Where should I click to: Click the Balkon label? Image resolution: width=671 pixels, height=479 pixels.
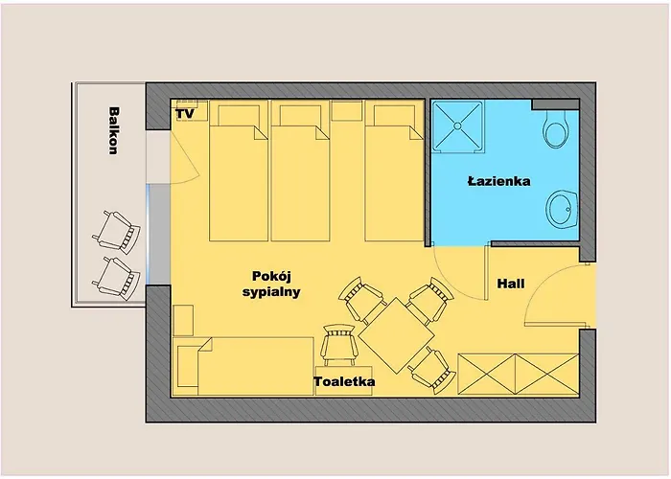point(113,130)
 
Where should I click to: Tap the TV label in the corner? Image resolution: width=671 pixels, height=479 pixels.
point(185,114)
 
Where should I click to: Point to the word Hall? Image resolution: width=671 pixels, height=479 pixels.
point(511,285)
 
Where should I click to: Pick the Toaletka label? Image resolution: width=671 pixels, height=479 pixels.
point(344,382)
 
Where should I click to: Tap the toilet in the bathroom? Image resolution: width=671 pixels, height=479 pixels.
point(554,129)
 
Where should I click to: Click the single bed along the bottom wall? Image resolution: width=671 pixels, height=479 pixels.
point(244,364)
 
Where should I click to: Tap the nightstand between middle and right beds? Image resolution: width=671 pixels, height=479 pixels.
point(346,111)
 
